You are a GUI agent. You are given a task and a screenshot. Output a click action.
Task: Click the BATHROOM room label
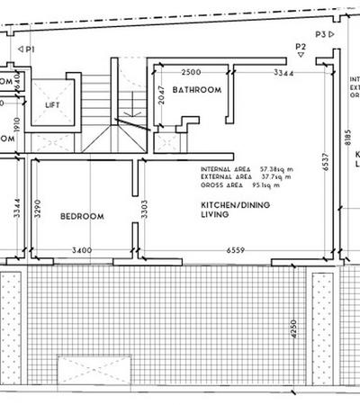pos(197,90)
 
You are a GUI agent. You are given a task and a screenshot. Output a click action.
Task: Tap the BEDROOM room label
pos(82,217)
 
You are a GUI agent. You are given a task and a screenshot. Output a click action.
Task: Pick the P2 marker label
pos(301,45)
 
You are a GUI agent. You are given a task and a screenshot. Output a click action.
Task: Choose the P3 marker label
pos(320,33)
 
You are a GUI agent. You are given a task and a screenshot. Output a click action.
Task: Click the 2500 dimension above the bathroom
pos(191,72)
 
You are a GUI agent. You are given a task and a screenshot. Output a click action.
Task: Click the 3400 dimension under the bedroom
pos(82,249)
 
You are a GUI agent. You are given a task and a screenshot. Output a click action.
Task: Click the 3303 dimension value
pos(144,212)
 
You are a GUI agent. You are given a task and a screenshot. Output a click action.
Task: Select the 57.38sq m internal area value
pos(279,169)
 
